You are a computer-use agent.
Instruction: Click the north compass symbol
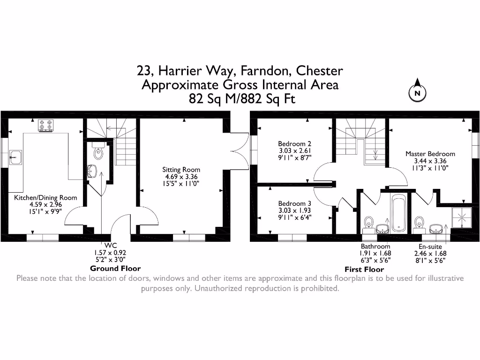(x=416, y=93)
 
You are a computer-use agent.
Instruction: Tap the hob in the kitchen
(x=46, y=125)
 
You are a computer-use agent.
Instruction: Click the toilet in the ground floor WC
(x=98, y=151)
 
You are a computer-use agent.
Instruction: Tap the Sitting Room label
(x=181, y=170)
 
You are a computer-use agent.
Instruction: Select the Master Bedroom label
(x=430, y=154)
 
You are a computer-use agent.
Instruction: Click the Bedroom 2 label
(x=294, y=144)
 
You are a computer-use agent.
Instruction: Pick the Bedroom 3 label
(x=294, y=203)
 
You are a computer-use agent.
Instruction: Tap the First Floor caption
(x=364, y=270)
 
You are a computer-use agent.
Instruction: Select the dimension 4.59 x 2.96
(x=45, y=204)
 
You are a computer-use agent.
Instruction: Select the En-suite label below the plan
(x=430, y=247)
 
